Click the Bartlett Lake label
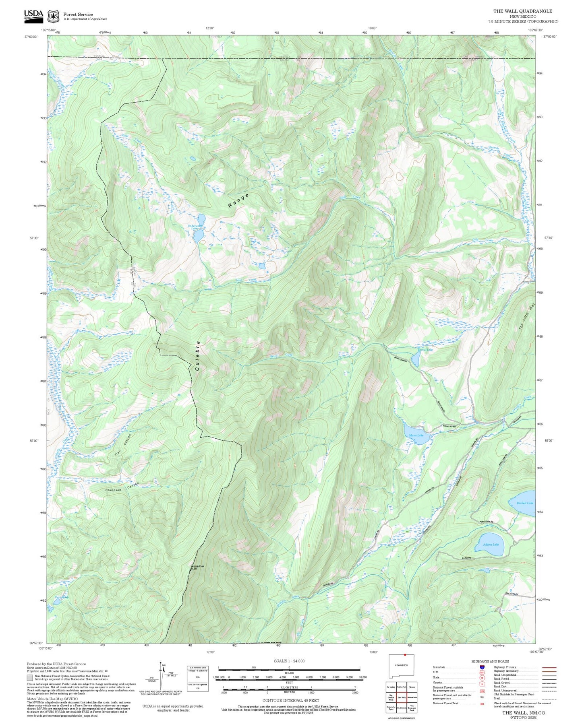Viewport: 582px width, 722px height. tap(525, 503)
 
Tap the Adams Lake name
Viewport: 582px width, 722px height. tap(491, 545)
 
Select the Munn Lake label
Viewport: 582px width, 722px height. tap(416, 435)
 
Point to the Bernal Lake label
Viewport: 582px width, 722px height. tap(425, 350)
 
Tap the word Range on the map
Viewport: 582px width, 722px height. tap(238, 200)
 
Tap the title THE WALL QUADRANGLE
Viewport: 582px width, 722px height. tap(523, 11)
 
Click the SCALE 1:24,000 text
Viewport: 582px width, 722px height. tap(289, 661)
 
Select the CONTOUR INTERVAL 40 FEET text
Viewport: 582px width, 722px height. tap(288, 700)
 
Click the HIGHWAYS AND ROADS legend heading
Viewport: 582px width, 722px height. tap(490, 661)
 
